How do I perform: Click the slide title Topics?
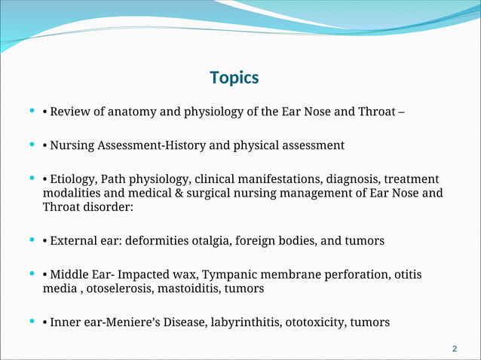point(234,78)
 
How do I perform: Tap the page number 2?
point(454,349)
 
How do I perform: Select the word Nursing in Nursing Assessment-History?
point(75,145)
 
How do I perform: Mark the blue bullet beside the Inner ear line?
point(30,322)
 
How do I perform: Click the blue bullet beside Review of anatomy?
point(30,111)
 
